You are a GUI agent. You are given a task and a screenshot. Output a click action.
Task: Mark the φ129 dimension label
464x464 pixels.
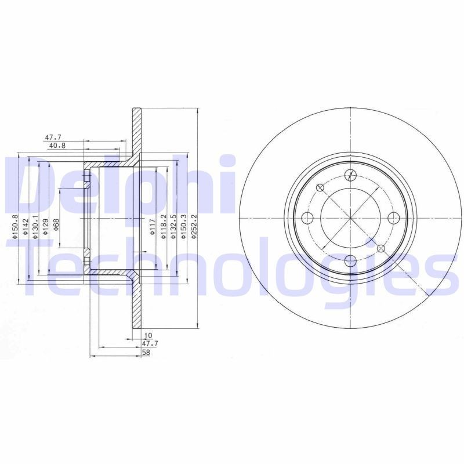click(46, 224)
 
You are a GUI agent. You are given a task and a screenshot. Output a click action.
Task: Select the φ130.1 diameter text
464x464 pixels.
click(36, 224)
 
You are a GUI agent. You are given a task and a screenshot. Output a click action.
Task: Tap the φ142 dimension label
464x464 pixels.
click(26, 224)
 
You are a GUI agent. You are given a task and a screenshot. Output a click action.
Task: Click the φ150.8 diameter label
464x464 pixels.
click(16, 224)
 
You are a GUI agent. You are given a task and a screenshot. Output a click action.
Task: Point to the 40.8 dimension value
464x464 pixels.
click(56, 146)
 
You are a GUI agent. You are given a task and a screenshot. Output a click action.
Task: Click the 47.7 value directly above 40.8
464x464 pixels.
click(53, 137)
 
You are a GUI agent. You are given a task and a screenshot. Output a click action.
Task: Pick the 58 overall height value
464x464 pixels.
click(146, 352)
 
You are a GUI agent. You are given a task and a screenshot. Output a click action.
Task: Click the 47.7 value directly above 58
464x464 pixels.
click(150, 344)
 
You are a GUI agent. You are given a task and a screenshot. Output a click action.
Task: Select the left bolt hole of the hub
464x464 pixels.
click(308, 217)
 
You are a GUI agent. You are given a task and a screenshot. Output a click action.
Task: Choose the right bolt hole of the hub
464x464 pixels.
click(394, 217)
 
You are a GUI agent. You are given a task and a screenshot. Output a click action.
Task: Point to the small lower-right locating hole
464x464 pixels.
click(381, 248)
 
